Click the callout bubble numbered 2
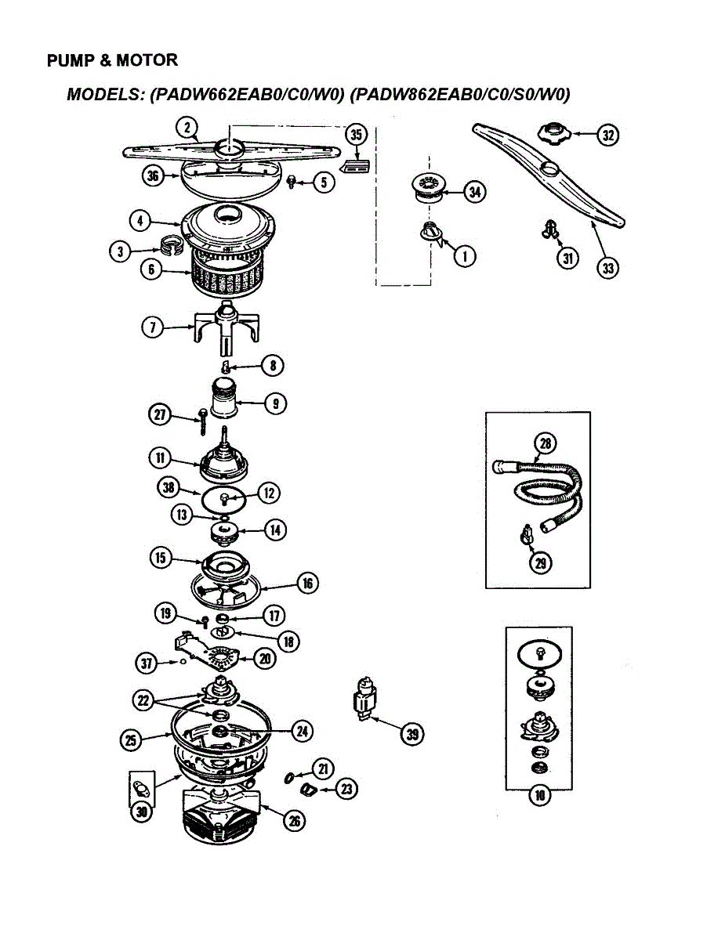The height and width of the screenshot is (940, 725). [x=186, y=127]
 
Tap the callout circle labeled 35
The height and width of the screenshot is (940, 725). [x=357, y=135]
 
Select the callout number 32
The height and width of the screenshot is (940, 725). [x=607, y=135]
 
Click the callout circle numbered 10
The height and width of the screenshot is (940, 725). [x=539, y=797]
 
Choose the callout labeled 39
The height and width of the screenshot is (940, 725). [x=412, y=733]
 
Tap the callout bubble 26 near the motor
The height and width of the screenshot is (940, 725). [x=294, y=820]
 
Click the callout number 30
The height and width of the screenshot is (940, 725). [x=141, y=812]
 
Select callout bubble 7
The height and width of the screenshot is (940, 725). [x=152, y=327]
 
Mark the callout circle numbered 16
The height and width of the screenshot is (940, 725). [x=308, y=583]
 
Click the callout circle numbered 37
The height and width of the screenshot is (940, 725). [x=146, y=663]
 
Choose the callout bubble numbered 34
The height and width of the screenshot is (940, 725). [x=474, y=191]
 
